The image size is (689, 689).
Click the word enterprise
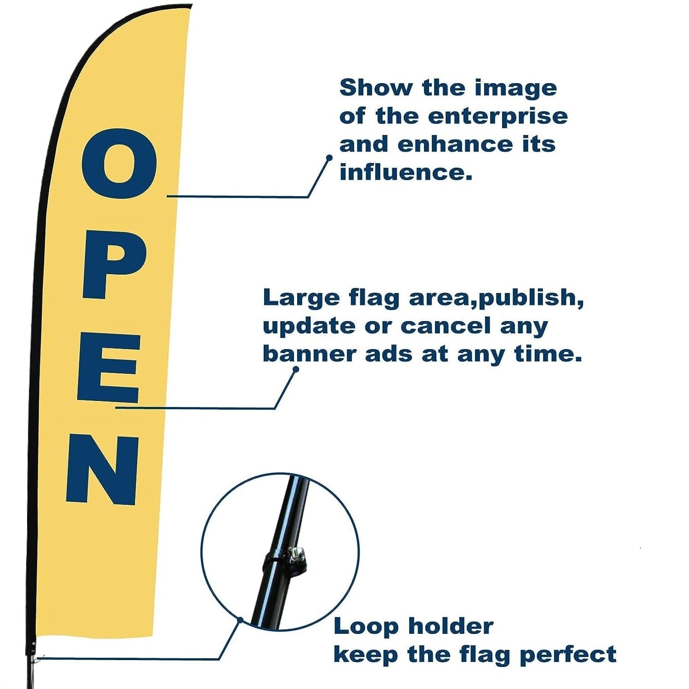498,117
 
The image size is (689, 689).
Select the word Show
376,87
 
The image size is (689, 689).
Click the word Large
301,298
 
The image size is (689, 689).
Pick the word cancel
446,326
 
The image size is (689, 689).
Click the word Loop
366,627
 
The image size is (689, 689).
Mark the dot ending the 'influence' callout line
329,158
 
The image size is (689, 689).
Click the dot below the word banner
296,369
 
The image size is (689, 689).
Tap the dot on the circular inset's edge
240,620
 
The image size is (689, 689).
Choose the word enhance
455,145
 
